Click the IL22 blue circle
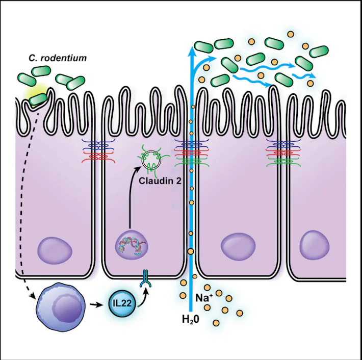[122, 303]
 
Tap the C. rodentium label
[58, 58]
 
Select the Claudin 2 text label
[160, 181]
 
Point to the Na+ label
[204, 297]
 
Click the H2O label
[191, 319]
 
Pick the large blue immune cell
[61, 307]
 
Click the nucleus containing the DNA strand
[131, 245]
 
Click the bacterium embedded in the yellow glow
[38, 99]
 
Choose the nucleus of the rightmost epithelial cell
[315, 245]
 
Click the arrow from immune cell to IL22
[96, 305]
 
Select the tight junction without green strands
[98, 151]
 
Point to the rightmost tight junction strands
[283, 153]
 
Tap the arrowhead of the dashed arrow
[33, 296]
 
